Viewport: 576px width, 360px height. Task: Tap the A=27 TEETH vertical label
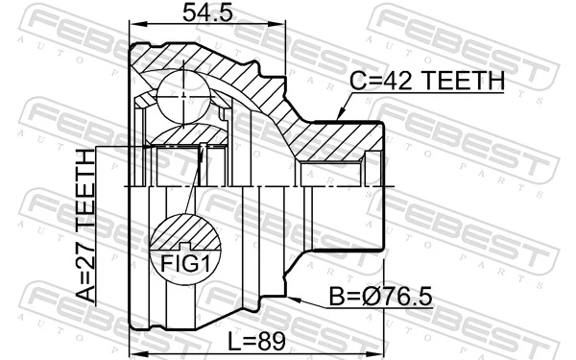[x=86, y=226]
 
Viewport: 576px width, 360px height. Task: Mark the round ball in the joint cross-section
[x=182, y=93]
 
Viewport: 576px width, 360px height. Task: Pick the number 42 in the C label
[x=396, y=84]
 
